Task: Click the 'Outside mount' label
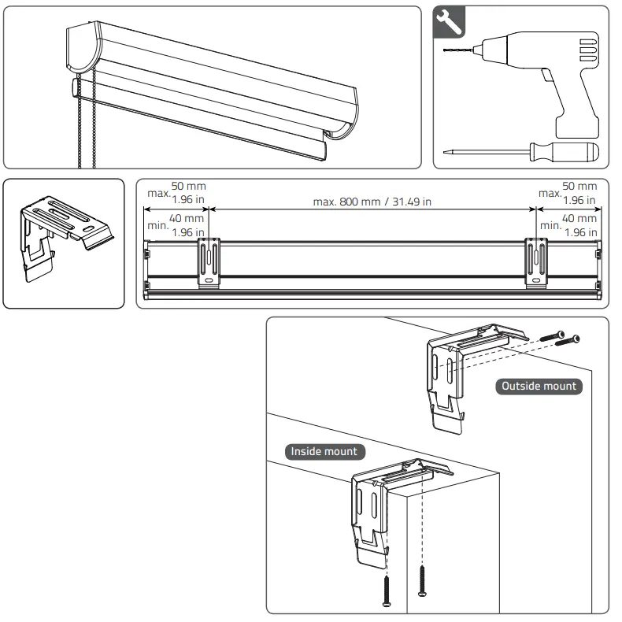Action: tap(539, 387)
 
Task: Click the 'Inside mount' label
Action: tap(324, 452)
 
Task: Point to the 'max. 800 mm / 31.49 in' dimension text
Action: tap(372, 202)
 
